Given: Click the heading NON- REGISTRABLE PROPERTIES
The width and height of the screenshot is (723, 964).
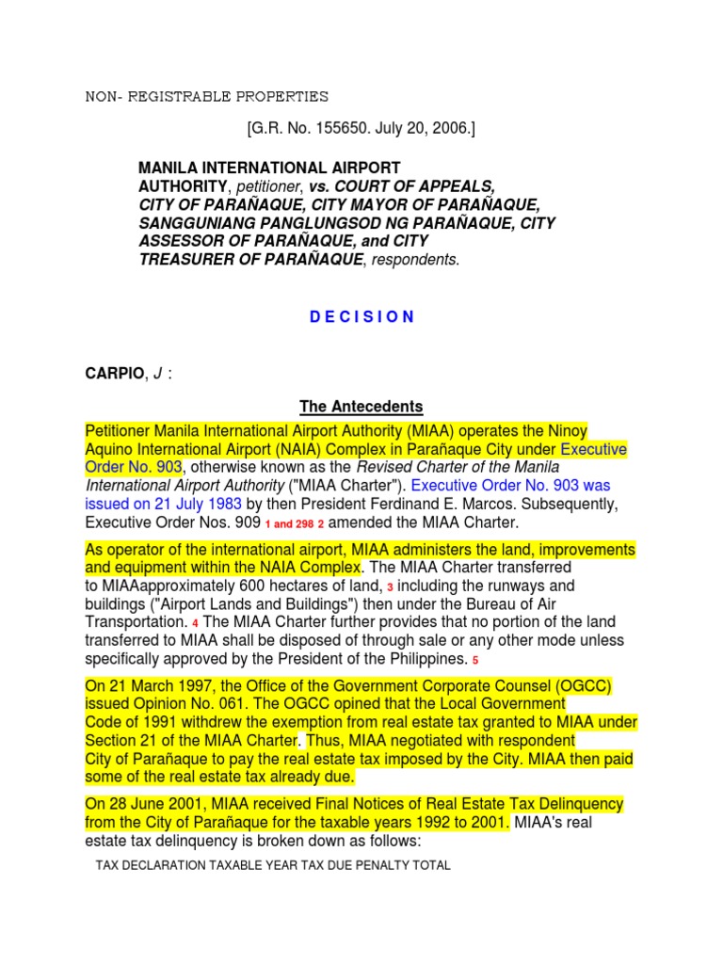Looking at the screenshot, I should pyautogui.click(x=207, y=96).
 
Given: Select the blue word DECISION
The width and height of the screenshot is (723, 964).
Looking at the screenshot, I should pyautogui.click(x=361, y=316).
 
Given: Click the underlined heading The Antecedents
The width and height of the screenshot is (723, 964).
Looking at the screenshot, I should pyautogui.click(x=361, y=407).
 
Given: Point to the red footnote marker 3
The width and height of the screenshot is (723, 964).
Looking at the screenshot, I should pyautogui.click(x=391, y=586).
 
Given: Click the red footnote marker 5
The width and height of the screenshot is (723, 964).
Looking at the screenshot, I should pyautogui.click(x=475, y=660).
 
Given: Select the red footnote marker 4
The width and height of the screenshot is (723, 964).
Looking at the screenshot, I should pyautogui.click(x=196, y=623).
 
